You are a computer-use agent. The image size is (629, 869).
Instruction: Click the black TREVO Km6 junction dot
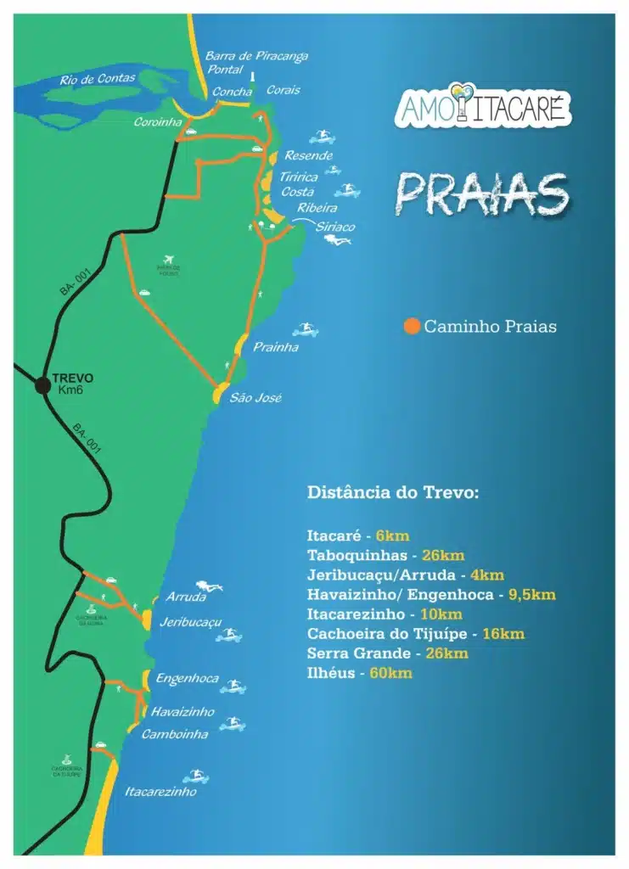tap(42, 385)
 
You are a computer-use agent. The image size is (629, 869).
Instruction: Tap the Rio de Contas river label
tap(97, 79)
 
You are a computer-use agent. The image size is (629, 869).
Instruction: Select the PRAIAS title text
tap(480, 194)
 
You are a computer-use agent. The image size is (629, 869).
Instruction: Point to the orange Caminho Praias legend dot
tap(413, 326)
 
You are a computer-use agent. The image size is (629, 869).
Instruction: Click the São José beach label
tap(256, 398)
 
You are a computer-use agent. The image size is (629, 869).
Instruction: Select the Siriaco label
tap(334, 227)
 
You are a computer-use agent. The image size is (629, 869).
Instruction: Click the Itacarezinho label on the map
tap(160, 792)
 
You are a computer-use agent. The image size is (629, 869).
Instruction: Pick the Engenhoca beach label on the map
tap(187, 679)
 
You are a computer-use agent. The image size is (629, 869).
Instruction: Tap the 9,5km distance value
tap(531, 595)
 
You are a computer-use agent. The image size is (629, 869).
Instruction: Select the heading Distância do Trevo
tap(393, 492)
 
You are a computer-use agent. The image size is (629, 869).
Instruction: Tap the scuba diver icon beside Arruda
tap(207, 586)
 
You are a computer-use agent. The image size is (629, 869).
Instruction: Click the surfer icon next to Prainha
tap(306, 329)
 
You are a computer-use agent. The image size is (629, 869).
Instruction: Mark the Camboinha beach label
tap(175, 734)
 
